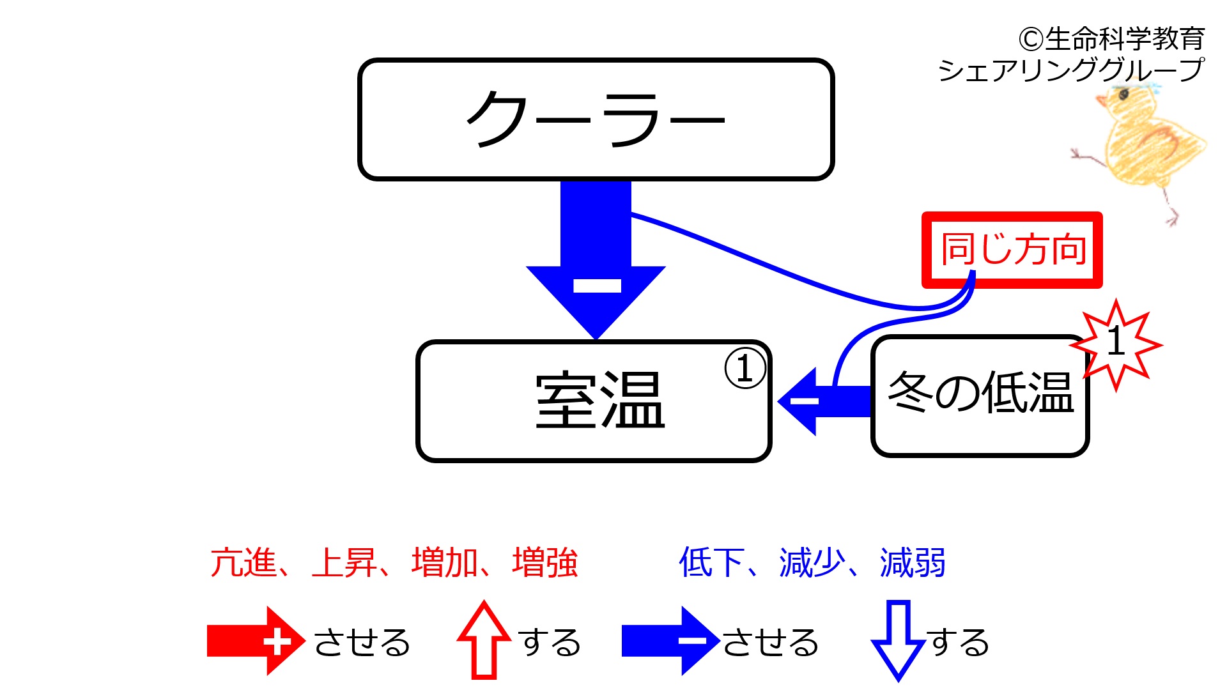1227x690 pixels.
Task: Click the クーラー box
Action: [596, 119]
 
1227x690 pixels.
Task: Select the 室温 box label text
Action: [600, 400]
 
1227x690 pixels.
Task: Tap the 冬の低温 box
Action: [980, 396]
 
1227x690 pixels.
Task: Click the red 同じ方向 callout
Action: [1012, 250]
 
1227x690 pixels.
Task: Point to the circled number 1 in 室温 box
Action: [745, 369]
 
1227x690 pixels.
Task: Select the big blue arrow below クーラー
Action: [596, 259]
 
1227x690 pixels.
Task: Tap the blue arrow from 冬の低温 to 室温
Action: [824, 401]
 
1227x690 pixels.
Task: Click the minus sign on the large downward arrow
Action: [597, 285]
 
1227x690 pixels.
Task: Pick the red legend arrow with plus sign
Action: [256, 641]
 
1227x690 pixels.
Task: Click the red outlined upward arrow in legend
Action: [484, 640]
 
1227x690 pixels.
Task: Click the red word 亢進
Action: [243, 563]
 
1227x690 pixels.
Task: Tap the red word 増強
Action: [545, 563]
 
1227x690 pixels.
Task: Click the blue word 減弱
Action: [913, 563]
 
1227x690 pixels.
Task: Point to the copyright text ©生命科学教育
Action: [1112, 39]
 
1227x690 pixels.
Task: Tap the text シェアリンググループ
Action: [1071, 70]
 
